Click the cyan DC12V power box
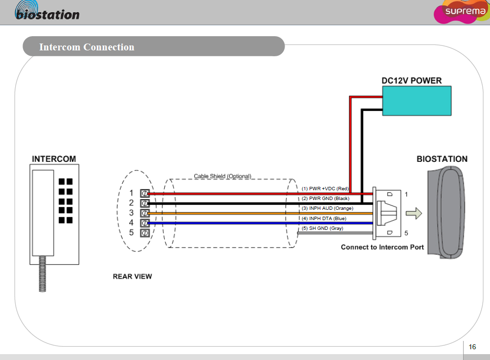tap(417, 101)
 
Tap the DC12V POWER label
tap(412, 81)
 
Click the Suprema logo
tap(461, 12)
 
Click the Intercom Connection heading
tap(87, 47)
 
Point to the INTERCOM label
tap(54, 159)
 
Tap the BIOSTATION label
tap(442, 159)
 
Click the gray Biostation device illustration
tap(445, 212)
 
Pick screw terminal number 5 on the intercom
tap(145, 233)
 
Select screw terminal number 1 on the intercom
tap(145, 193)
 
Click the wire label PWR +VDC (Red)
tap(325, 188)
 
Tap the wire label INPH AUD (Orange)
tap(327, 208)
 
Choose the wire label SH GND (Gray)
tap(322, 228)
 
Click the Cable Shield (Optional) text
tap(223, 176)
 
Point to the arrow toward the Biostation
tap(414, 213)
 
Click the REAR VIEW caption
tap(132, 276)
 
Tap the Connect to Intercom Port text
tap(382, 247)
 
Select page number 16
tap(472, 347)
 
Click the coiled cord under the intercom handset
tap(42, 274)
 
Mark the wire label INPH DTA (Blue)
tap(324, 218)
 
